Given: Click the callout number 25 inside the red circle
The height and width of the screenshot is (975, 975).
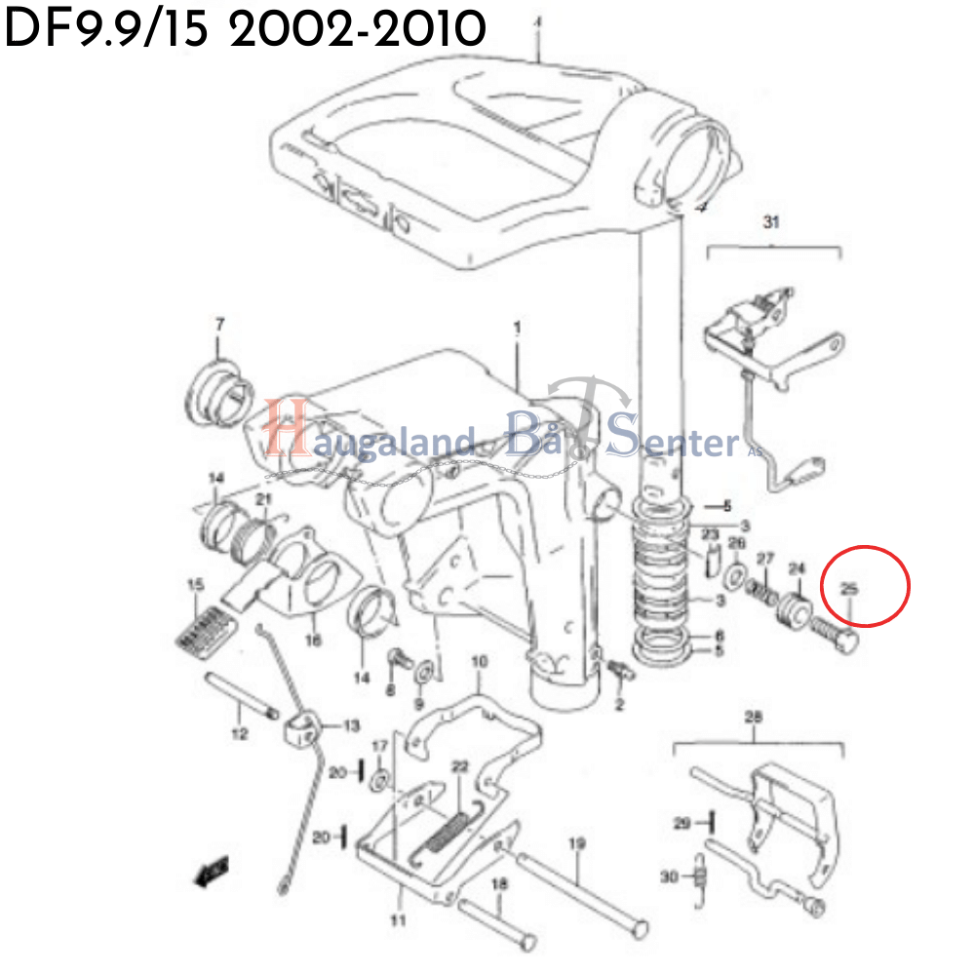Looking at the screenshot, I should coord(849,588).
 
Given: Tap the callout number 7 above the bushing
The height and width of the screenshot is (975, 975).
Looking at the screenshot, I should coord(219,324).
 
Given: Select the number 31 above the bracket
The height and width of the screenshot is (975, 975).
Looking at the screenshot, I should coord(772,223).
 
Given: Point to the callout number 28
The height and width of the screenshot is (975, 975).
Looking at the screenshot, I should coord(754,719).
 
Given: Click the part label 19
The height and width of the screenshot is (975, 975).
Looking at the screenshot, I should coord(576,843).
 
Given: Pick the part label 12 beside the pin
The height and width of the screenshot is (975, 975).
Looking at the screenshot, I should coord(240,734).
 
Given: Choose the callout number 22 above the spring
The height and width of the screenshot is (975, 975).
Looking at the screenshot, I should coord(460,766).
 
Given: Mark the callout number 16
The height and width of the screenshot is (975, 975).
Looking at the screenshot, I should coord(313,641).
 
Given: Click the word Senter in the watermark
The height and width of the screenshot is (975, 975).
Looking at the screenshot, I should coord(673,442).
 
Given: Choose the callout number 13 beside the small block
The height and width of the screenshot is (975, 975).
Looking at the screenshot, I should coord(349,725).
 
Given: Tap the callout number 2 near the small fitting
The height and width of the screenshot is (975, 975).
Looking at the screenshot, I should coord(618,704).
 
